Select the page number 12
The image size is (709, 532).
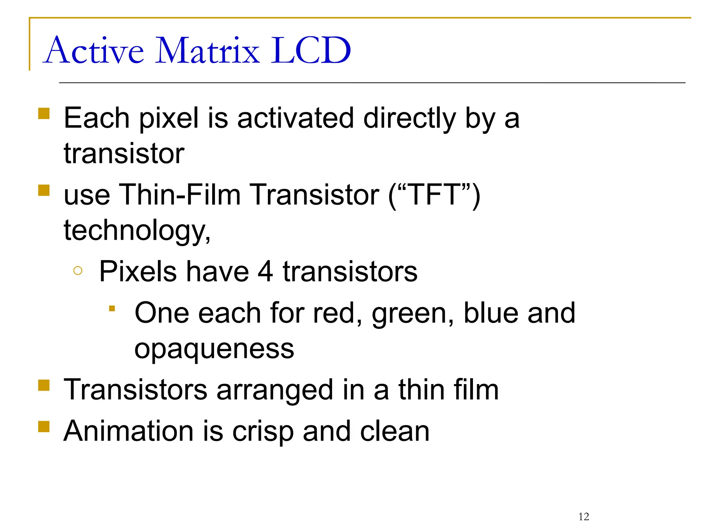(x=584, y=517)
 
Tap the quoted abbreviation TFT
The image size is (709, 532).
(x=434, y=195)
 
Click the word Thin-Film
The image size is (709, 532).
(x=180, y=195)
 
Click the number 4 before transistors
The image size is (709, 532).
(x=265, y=272)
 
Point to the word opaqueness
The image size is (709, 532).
(x=214, y=349)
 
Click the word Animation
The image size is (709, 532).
(x=128, y=431)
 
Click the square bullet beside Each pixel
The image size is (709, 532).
(x=44, y=113)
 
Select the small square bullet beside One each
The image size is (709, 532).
(x=112, y=308)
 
